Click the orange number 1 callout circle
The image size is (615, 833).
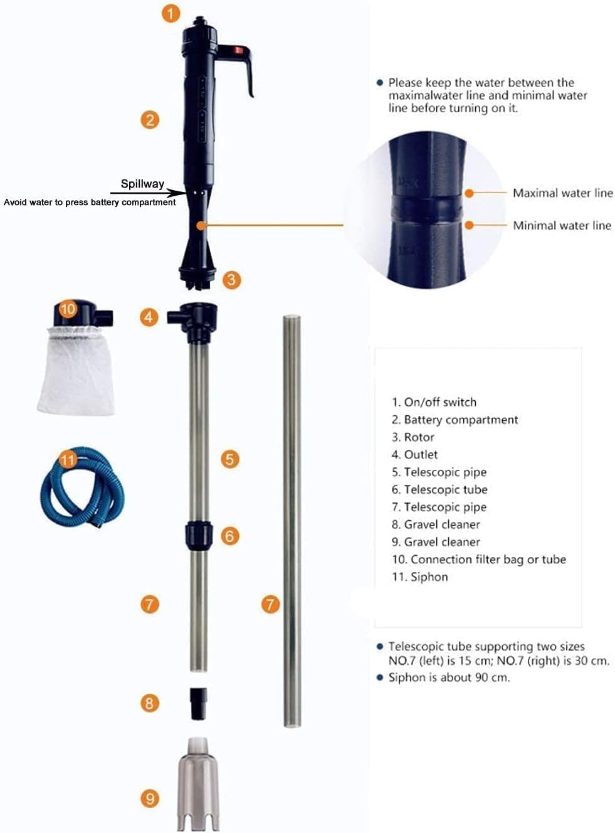[x=171, y=13]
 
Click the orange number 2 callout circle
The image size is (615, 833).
[x=149, y=119]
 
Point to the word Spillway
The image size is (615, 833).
[x=142, y=184]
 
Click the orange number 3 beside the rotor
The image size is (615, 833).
[x=231, y=279]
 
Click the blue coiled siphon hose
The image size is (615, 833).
[x=81, y=486]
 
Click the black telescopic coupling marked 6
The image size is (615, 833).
[x=198, y=535]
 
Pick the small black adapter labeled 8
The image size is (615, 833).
[x=198, y=703]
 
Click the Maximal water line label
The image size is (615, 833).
[x=562, y=193]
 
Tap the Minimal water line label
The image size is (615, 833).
[x=562, y=226]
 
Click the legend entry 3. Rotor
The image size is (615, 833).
[x=413, y=437]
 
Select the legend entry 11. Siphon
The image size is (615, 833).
[x=419, y=577]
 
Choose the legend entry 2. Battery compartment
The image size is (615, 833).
[x=455, y=420]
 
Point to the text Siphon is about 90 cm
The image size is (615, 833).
[x=449, y=677]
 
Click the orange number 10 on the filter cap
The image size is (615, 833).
[x=68, y=309]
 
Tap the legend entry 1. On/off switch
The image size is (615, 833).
[x=434, y=402]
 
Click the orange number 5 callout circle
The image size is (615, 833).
[x=229, y=459]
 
